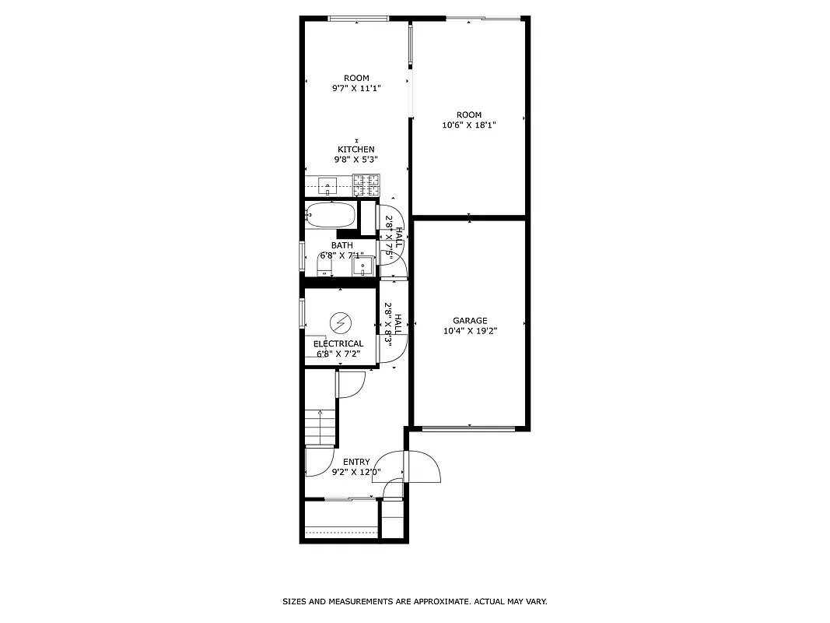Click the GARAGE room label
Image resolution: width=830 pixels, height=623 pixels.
[x=470, y=320]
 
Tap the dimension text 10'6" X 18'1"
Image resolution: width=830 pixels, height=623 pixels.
[x=468, y=125]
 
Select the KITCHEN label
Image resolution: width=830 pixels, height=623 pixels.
[x=355, y=150]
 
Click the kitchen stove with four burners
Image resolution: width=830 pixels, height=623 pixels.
[x=369, y=185]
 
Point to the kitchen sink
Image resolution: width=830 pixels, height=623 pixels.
[x=328, y=186]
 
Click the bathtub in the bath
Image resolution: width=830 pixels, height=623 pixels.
[x=331, y=216]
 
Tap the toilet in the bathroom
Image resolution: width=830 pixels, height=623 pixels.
[x=324, y=266]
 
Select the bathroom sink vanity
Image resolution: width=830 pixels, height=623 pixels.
[x=362, y=266]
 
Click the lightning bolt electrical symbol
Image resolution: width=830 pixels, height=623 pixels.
[x=340, y=322]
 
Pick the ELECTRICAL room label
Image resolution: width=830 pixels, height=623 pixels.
[x=338, y=343]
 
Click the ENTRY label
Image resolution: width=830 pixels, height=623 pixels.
[x=356, y=462]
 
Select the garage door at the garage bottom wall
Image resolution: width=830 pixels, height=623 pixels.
[x=469, y=428]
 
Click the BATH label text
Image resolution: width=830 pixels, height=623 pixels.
[x=341, y=245]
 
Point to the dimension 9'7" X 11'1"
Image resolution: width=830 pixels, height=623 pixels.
[x=356, y=88]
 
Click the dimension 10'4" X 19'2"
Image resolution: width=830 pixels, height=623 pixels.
[x=470, y=330]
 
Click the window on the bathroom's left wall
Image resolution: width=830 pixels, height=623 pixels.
[x=302, y=255]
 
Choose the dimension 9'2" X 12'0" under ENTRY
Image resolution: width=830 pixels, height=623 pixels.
[x=356, y=472]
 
